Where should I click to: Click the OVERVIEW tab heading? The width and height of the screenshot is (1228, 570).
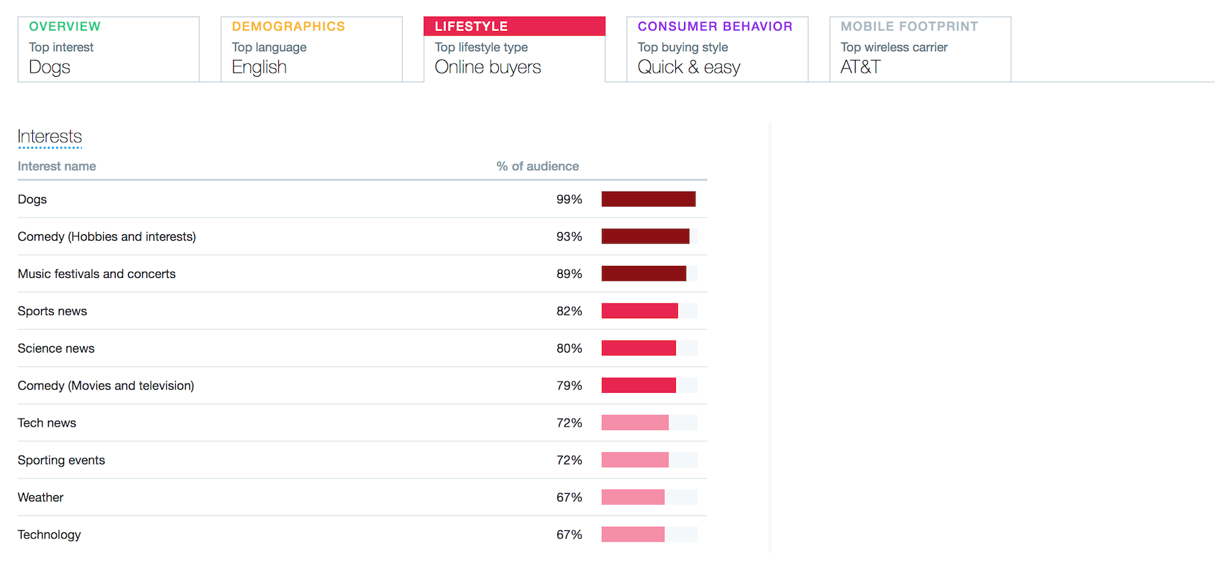[x=65, y=26]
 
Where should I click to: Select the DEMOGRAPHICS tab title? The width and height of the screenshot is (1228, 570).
[x=288, y=26]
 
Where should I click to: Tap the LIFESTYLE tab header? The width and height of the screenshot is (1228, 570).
[x=471, y=26]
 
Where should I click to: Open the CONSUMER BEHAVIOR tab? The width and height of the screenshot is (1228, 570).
[x=715, y=26]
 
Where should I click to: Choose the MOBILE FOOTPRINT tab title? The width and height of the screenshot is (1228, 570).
[x=909, y=26]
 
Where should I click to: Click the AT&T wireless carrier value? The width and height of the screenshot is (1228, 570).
[x=860, y=67]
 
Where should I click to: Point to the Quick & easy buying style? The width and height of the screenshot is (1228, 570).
[x=689, y=67]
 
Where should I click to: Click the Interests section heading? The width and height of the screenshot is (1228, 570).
[x=50, y=137]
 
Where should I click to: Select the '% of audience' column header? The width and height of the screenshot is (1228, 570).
[x=537, y=166]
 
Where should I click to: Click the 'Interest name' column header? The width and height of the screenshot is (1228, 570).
[x=57, y=166]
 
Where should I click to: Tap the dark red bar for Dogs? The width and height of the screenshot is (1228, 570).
[x=648, y=199]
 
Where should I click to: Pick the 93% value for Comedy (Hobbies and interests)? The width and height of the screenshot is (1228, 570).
[x=569, y=237]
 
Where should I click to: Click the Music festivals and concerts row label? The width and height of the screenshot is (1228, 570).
[x=96, y=274]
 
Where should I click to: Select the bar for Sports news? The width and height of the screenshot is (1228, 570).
[x=640, y=311]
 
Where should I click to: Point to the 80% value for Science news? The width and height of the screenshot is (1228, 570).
[x=569, y=349]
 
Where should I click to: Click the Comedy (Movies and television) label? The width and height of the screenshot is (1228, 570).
[x=106, y=386]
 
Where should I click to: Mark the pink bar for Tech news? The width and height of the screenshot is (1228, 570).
[x=635, y=423]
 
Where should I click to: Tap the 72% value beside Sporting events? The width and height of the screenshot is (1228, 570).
[x=569, y=460]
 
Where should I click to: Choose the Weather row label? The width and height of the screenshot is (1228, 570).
[x=40, y=497]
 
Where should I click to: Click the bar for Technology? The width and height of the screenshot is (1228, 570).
[x=633, y=534]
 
